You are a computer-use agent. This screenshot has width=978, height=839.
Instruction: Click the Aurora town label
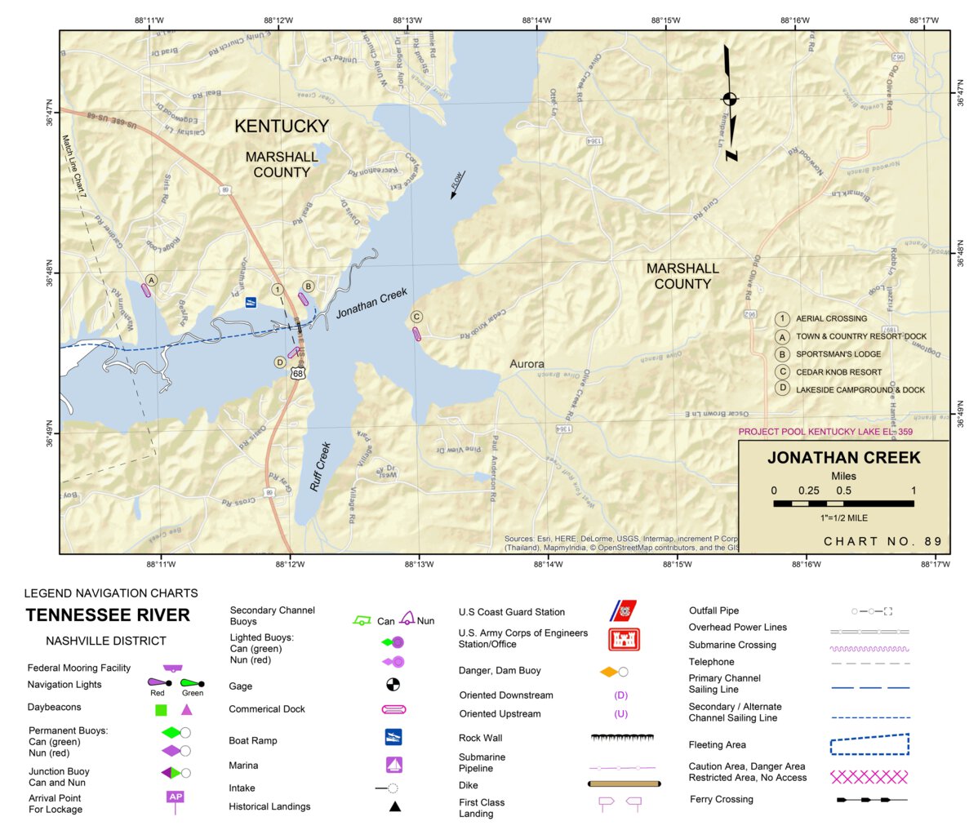[527, 364]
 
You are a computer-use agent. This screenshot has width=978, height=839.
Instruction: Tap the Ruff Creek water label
[320, 467]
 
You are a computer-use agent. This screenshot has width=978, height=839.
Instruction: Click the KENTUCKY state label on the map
[282, 126]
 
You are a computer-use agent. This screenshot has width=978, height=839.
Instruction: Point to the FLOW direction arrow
[456, 184]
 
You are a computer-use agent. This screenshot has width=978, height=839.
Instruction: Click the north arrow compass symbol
[730, 100]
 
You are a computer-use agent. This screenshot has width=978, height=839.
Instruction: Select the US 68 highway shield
[299, 373]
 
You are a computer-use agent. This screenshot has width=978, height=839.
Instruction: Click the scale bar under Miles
[843, 504]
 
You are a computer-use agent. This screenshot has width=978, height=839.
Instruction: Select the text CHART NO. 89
[882, 541]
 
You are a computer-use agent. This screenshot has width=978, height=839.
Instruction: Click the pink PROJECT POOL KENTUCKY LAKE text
[825, 432]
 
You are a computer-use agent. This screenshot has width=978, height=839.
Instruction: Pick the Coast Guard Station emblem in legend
[624, 610]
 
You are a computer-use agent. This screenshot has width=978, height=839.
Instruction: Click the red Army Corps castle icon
[624, 639]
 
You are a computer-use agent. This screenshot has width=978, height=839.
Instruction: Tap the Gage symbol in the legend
[393, 684]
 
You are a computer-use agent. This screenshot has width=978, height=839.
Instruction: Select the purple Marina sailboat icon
[394, 765]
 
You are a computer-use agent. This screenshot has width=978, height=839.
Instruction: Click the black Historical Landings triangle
[394, 806]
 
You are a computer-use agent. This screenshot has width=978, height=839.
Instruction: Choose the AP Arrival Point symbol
[175, 797]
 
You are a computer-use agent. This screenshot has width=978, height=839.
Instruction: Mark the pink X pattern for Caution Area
[869, 776]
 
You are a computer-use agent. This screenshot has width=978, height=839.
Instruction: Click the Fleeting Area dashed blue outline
[869, 744]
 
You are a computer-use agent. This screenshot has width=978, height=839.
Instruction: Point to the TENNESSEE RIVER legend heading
[108, 615]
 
